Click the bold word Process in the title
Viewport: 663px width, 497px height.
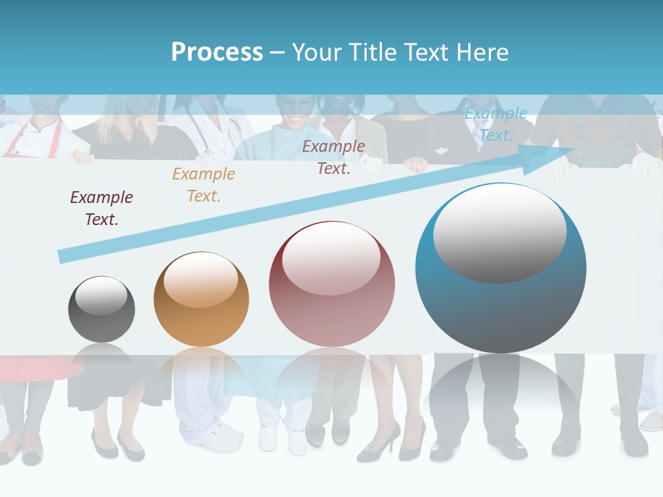[x=217, y=52]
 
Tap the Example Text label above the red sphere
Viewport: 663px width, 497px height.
[x=334, y=157]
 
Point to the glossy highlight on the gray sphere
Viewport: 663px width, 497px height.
[x=102, y=295]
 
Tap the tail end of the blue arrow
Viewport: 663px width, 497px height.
[x=64, y=256]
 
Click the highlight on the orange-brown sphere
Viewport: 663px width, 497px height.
[x=201, y=280]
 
